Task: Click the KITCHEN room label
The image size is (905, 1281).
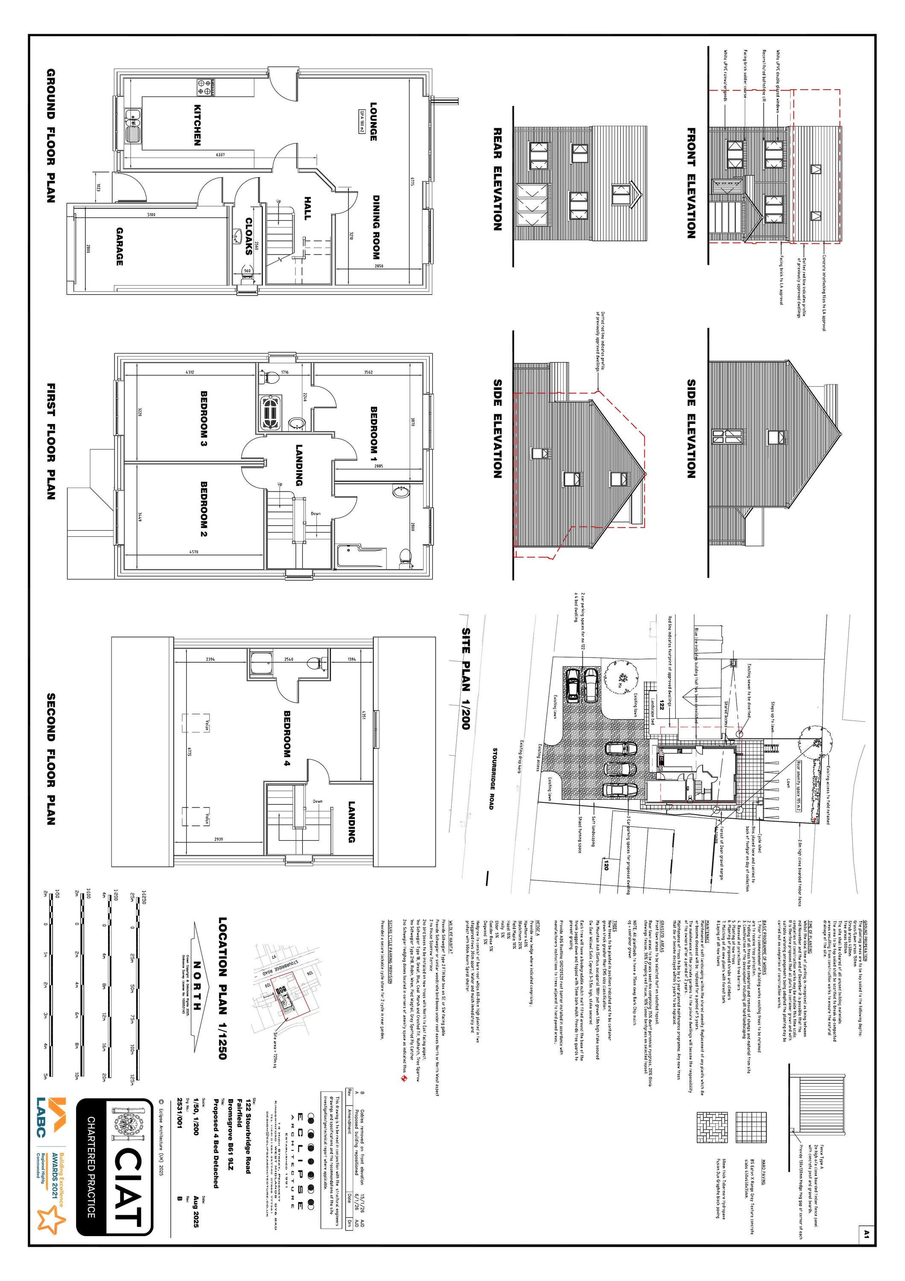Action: click(197, 125)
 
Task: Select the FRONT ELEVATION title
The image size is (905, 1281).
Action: click(691, 183)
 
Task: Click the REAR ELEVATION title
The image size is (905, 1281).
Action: click(497, 179)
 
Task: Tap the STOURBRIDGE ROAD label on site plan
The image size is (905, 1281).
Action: click(492, 778)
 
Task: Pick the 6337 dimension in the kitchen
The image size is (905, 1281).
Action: click(220, 155)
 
